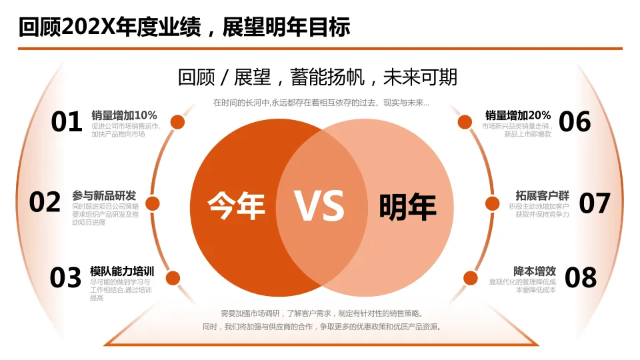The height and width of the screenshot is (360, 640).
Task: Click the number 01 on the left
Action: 67,122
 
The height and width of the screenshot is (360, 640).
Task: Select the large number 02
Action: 45,202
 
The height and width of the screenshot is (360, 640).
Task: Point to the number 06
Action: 575,122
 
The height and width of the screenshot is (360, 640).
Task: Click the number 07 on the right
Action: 594,203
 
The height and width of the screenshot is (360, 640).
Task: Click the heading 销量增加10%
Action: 124,115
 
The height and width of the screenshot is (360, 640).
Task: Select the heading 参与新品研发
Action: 104,196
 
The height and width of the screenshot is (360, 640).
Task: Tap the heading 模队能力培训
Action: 122,271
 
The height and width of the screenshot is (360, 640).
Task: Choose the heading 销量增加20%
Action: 518,115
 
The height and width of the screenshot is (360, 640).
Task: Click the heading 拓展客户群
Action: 542,196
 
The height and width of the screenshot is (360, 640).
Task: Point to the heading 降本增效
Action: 535,271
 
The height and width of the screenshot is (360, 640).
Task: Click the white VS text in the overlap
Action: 320,206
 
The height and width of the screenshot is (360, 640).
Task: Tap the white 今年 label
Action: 236,205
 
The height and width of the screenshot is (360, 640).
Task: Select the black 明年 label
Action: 407,207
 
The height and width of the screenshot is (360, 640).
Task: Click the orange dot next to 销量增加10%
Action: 177,122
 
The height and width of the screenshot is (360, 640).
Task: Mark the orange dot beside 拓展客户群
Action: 493,204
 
